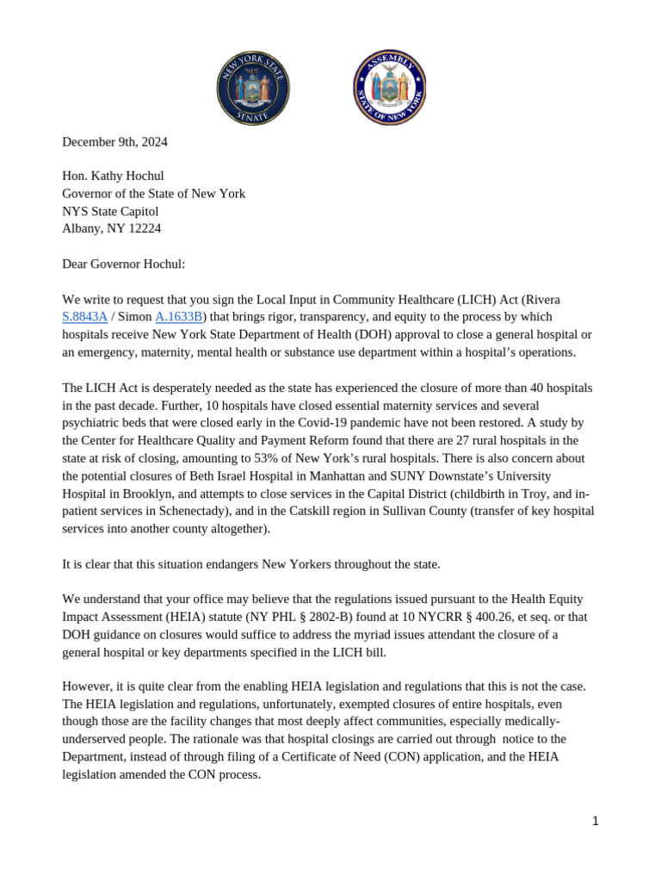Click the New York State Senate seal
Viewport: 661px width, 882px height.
point(252,88)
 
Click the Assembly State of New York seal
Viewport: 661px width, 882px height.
point(389,88)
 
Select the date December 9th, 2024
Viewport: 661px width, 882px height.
point(114,142)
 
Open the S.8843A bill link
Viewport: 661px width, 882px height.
point(84,317)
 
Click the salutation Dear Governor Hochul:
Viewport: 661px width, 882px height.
point(123,264)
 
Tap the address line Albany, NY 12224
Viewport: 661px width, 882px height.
point(111,229)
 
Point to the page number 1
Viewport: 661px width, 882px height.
point(595,821)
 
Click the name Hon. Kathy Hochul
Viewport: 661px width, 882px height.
point(113,177)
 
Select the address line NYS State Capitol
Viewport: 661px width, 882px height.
point(110,212)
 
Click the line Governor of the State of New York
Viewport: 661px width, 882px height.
point(153,194)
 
